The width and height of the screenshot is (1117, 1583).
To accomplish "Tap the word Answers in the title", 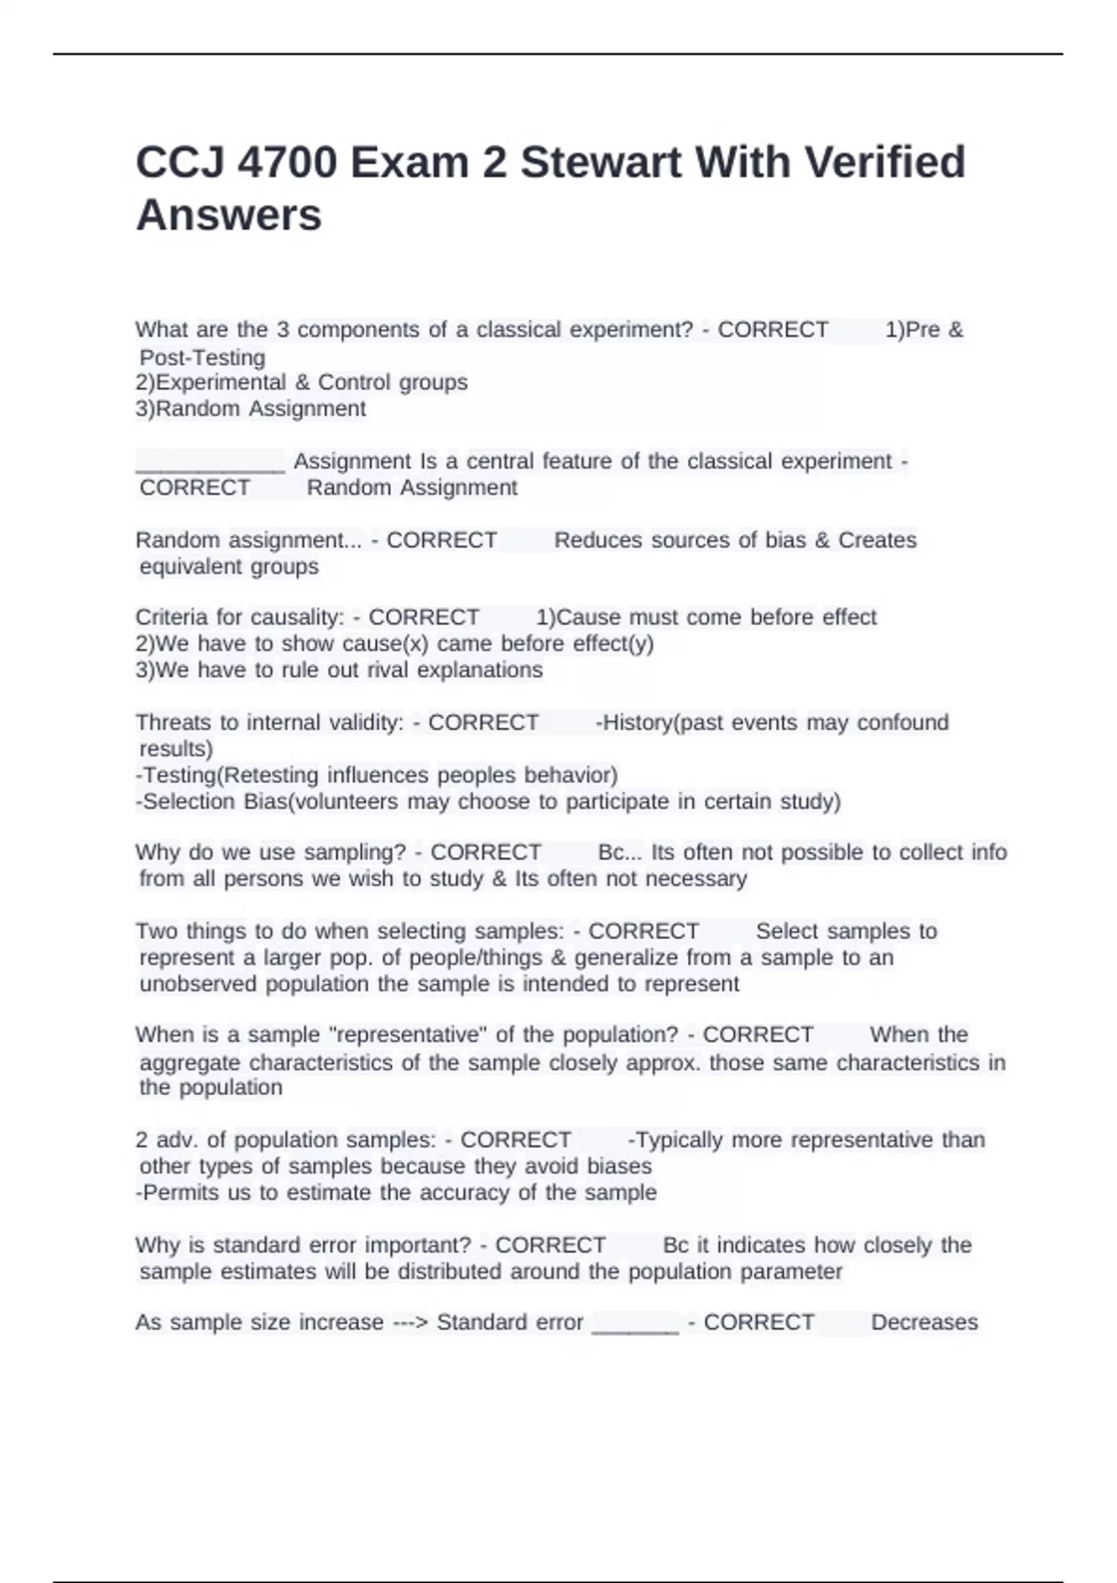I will coord(229,215).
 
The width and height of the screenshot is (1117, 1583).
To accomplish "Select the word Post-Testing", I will coord(202,358).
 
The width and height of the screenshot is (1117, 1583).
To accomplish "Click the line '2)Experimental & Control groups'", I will coord(302,383).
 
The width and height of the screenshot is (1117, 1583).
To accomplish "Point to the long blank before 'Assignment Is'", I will coord(210,462).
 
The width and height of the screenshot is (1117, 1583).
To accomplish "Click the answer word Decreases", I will coord(924,1323).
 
